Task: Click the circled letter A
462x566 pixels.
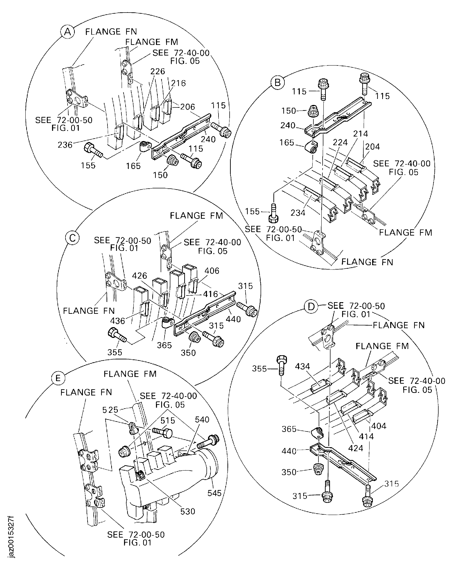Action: (x=68, y=32)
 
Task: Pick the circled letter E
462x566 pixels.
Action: (x=58, y=378)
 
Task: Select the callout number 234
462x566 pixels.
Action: (x=298, y=213)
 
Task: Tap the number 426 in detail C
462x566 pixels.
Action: (x=139, y=276)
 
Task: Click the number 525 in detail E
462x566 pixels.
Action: (x=110, y=410)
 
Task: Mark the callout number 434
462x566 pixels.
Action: (x=302, y=366)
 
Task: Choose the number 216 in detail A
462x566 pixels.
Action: (x=178, y=83)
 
